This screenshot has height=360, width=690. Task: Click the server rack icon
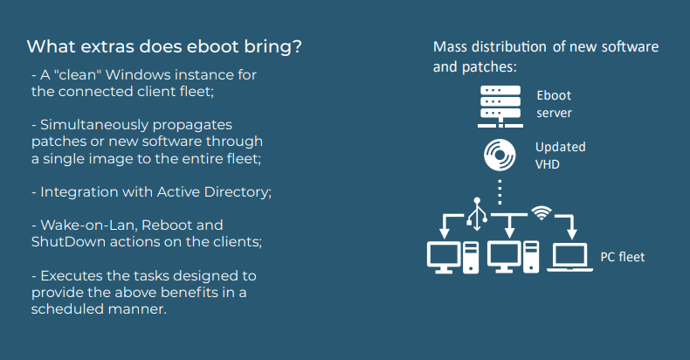500,107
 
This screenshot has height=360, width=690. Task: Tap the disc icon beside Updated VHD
500,155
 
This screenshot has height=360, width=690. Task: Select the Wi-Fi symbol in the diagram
542,213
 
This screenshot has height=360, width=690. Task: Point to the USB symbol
477,214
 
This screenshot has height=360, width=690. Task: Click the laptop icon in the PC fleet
569,258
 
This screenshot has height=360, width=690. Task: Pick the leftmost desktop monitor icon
444,258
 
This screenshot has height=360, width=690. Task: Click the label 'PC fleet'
622,257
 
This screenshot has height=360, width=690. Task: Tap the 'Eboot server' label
554,104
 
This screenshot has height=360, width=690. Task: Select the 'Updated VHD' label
560,156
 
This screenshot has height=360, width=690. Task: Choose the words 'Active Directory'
214,192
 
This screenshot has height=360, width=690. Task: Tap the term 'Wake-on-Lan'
89,225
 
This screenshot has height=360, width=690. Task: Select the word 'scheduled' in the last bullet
67,309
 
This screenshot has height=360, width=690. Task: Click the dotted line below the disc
500,192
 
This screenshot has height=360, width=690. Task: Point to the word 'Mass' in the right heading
450,46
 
